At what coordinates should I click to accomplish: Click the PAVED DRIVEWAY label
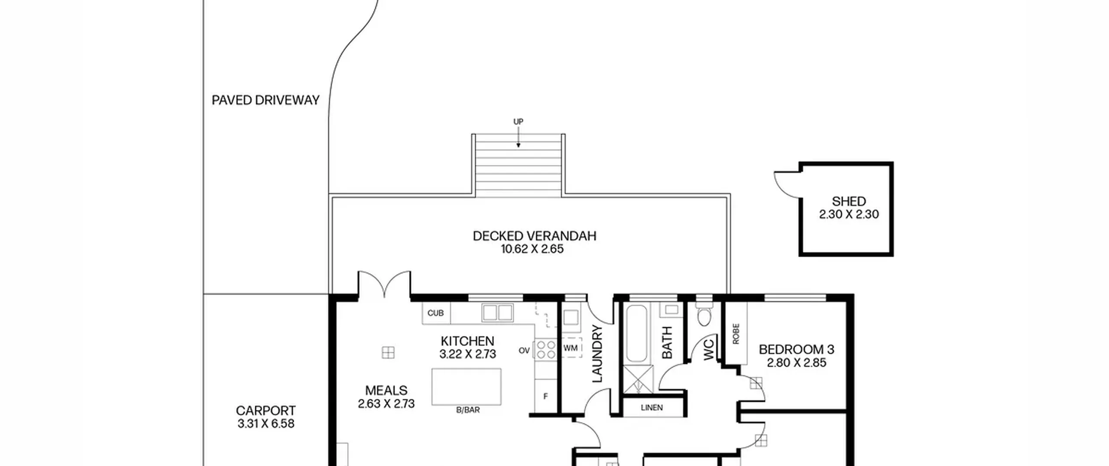[266, 100]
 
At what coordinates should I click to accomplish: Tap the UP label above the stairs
[518, 122]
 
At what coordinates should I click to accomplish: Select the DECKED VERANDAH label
[535, 236]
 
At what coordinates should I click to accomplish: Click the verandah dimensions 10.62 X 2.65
[532, 249]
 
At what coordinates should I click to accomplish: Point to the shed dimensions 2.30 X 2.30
[849, 214]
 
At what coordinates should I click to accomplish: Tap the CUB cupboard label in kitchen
[435, 313]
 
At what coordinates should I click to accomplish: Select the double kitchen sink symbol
[497, 313]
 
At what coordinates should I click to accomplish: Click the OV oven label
[524, 350]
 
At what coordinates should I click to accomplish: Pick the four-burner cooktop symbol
[546, 349]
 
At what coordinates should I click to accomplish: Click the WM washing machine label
[571, 348]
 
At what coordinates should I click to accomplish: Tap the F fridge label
[545, 396]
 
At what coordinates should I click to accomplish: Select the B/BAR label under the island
[468, 410]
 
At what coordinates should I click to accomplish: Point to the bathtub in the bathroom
[636, 333]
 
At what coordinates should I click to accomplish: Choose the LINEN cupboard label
[652, 407]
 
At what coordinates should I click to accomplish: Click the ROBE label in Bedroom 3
[736, 334]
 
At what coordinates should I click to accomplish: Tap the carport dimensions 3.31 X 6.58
[266, 424]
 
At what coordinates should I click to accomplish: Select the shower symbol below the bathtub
[638, 380]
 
